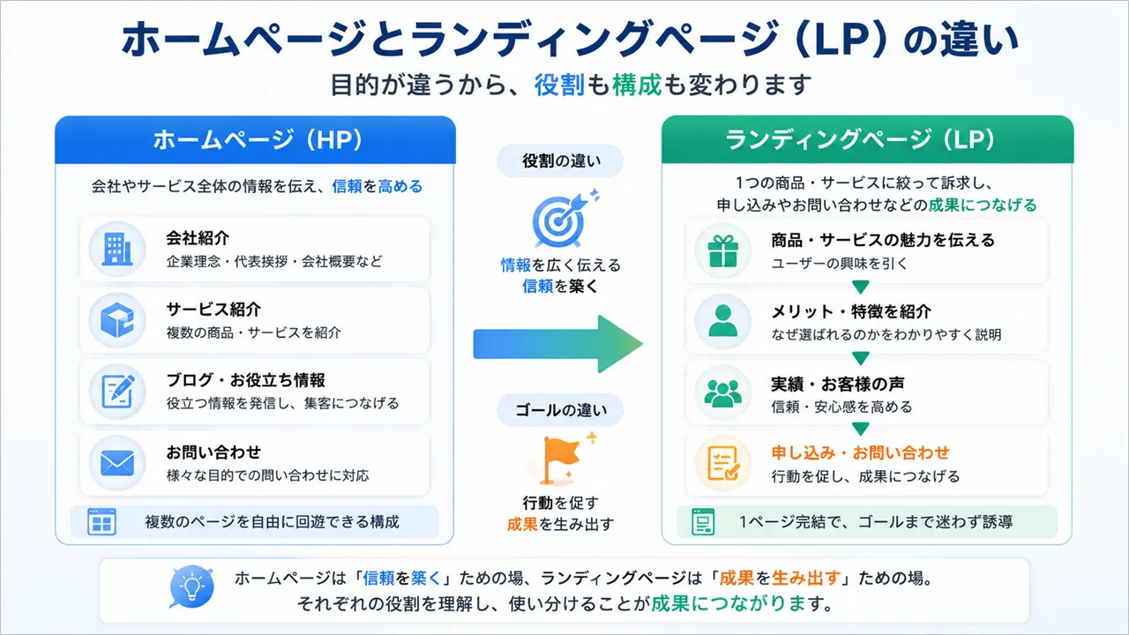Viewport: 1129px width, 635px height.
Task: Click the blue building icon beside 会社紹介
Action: [x=117, y=249]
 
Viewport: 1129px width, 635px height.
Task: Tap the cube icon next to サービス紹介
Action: [x=117, y=320]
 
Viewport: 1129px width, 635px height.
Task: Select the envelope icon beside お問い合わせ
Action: [x=117, y=463]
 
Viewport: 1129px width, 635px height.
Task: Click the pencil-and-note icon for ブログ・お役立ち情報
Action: [x=118, y=391]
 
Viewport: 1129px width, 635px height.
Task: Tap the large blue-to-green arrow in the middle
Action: [x=558, y=344]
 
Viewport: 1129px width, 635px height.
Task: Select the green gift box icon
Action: [x=722, y=251]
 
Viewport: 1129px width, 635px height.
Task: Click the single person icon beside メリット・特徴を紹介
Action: [x=722, y=321]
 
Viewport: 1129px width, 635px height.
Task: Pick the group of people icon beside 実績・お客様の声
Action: [x=722, y=392]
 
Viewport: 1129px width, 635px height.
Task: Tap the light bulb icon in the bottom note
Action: [x=191, y=586]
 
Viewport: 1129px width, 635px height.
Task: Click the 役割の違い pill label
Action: [x=560, y=161]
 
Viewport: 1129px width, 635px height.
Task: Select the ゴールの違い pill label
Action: [x=560, y=410]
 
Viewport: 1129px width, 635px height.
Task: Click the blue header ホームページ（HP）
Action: [x=256, y=140]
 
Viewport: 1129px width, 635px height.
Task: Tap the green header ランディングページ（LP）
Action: [x=867, y=139]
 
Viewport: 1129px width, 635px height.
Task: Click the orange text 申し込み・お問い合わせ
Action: [x=860, y=452]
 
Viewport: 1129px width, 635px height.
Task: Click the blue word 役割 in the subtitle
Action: [x=559, y=84]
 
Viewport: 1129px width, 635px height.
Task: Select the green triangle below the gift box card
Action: [x=860, y=287]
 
